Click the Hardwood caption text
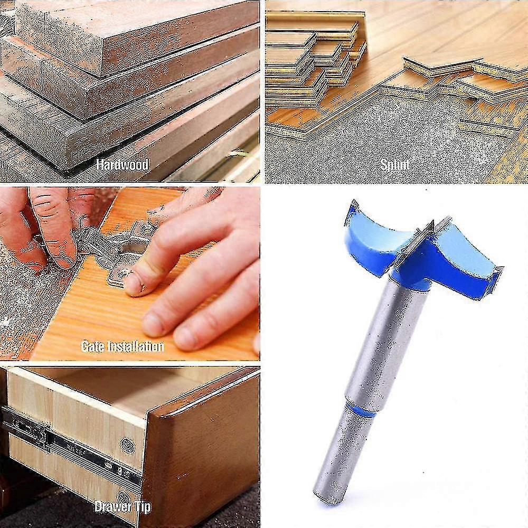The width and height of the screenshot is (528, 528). click(122, 164)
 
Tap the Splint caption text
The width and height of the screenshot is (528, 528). click(395, 165)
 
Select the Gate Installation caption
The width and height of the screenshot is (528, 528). click(122, 346)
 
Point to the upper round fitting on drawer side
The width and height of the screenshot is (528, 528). click(127, 445)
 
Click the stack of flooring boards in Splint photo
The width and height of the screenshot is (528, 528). click(312, 58)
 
